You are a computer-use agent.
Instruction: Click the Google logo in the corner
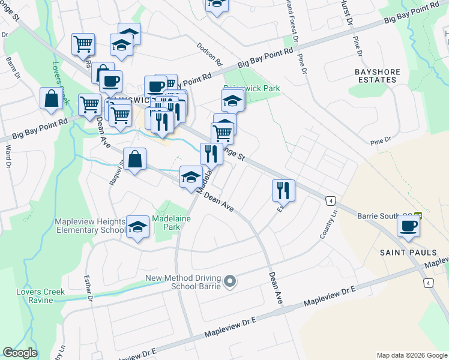click(20, 353)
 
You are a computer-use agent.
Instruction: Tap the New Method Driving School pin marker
click(229, 281)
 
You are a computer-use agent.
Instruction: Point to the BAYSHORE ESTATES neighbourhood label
click(377, 76)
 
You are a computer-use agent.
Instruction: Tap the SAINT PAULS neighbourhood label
click(404, 253)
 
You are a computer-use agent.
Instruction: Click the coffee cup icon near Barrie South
click(408, 226)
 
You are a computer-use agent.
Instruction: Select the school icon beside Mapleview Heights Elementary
click(138, 227)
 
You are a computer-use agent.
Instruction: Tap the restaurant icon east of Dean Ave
click(283, 190)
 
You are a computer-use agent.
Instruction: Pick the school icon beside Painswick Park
click(232, 100)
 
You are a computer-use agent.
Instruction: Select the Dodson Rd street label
click(209, 55)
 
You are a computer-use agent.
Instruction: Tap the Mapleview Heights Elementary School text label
click(90, 226)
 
